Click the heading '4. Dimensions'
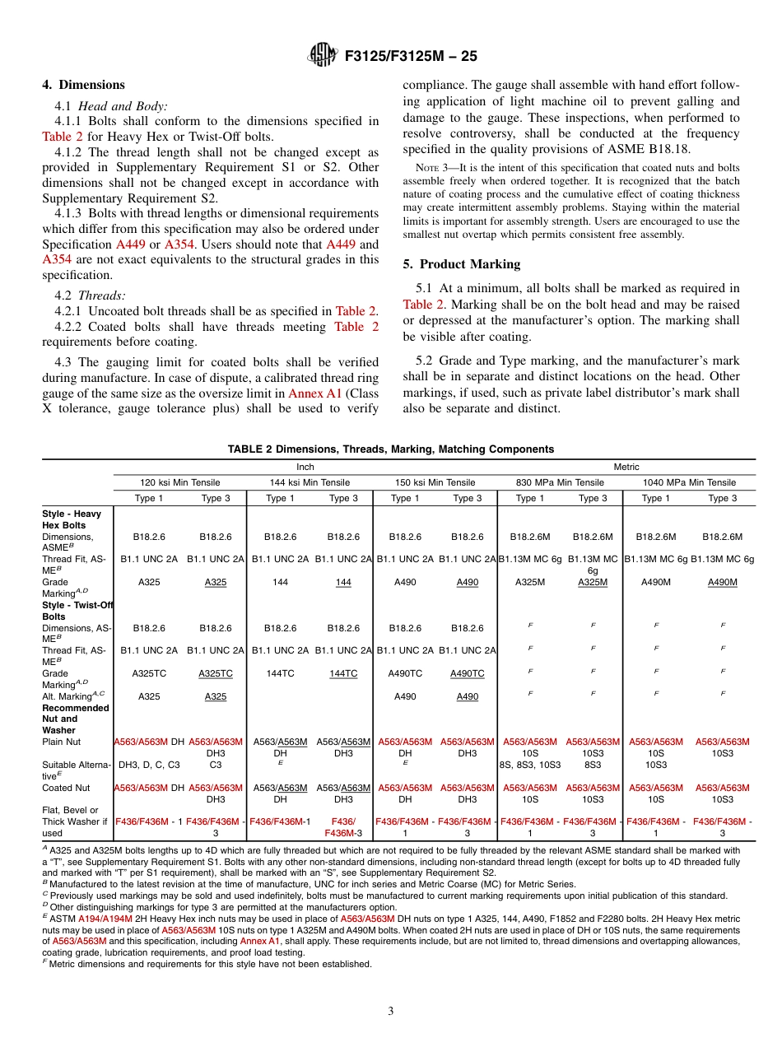(83, 85)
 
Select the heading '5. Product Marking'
(461, 264)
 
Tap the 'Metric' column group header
(626, 467)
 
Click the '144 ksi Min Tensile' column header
(310, 482)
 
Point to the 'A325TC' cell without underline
(149, 673)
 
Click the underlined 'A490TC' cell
(467, 673)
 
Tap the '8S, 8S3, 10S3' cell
(529, 765)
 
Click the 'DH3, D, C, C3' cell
(149, 765)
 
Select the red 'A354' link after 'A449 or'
(179, 244)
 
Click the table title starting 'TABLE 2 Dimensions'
(390, 449)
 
